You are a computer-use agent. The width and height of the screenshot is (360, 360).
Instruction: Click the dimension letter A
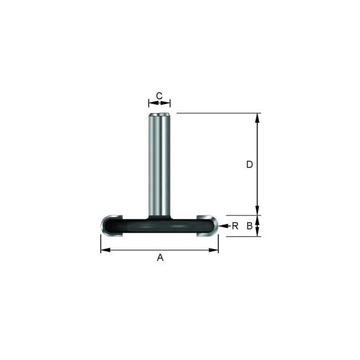click(x=160, y=257)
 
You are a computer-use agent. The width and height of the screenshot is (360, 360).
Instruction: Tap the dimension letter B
click(x=250, y=226)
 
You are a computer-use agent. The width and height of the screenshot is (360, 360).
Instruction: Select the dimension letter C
click(x=159, y=96)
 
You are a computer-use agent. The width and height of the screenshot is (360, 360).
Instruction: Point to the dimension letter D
click(x=250, y=165)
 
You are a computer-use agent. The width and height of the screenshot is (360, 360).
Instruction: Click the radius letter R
click(x=235, y=226)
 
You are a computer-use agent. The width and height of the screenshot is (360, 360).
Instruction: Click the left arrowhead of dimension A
click(x=106, y=250)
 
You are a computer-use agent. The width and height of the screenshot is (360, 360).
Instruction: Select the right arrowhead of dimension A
click(x=214, y=250)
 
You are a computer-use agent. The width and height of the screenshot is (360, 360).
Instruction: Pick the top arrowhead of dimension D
click(x=257, y=118)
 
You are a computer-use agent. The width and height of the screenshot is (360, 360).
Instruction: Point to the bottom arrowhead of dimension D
click(x=257, y=210)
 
